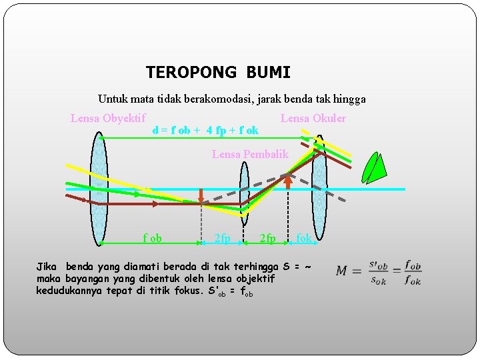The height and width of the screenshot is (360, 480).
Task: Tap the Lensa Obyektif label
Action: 108,119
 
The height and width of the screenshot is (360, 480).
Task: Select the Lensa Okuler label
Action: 313,119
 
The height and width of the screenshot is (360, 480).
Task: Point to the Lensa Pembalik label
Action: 250,154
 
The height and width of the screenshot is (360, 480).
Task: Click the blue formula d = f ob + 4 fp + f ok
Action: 205,131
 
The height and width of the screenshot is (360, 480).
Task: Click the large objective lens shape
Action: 99,189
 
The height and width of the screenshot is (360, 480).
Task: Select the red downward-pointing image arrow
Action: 201,195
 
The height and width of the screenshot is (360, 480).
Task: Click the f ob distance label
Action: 152,238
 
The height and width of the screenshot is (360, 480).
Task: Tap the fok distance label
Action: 304,238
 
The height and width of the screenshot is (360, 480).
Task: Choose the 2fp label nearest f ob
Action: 222,238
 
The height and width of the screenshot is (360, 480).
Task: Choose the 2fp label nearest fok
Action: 267,238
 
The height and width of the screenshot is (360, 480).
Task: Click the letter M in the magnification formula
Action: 342,271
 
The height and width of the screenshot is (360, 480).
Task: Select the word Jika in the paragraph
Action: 46,266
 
